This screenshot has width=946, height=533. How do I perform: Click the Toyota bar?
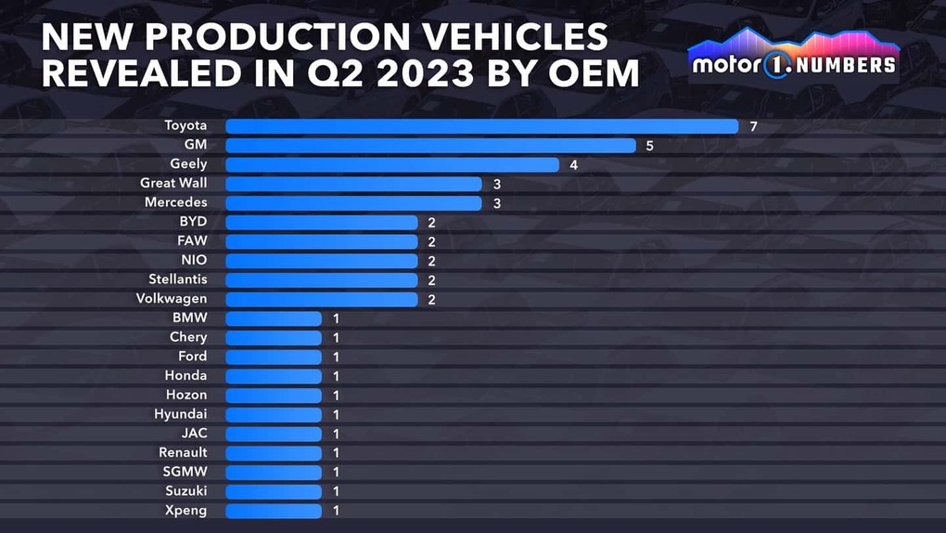[481, 125]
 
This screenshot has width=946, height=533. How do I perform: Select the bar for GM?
[430, 145]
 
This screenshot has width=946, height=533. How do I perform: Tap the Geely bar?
[391, 164]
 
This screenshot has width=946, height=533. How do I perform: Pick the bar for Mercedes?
[353, 202]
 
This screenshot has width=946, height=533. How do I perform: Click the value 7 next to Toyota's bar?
[754, 126]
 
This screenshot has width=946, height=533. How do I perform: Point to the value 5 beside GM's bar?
[650, 146]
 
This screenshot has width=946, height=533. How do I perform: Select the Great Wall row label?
[173, 183]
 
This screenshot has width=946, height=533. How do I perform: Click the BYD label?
[193, 222]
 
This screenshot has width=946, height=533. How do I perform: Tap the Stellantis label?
[178, 279]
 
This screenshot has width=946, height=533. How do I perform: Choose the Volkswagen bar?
[321, 299]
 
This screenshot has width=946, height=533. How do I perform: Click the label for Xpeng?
[187, 511]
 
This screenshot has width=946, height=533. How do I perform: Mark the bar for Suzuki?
[274, 491]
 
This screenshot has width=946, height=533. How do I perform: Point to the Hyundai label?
[181, 414]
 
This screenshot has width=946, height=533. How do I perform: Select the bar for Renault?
[274, 453]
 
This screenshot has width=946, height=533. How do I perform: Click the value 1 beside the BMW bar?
[337, 318]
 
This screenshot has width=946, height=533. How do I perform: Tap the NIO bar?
[321, 261]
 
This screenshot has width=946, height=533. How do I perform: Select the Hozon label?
[186, 395]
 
